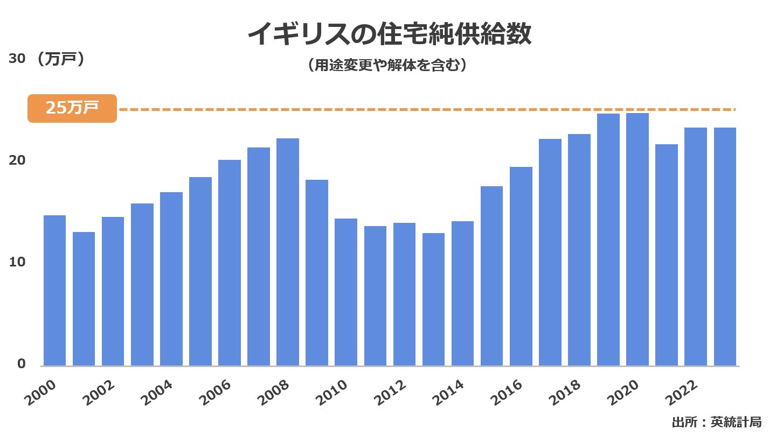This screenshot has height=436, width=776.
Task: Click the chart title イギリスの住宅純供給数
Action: coord(389,36)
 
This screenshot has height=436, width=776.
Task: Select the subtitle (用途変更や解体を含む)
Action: coord(387,66)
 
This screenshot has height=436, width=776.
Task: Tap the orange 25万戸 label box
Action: coord(72,108)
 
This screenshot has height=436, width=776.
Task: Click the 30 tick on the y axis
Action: coord(17,59)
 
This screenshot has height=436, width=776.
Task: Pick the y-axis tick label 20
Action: coord(17,160)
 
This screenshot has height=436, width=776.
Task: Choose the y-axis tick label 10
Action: coord(17,262)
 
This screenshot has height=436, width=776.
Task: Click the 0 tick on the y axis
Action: coord(21,364)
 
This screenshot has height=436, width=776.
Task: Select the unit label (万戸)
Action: coord(59,59)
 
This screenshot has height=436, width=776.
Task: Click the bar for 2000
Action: coord(54,291)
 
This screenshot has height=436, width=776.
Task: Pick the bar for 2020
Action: coord(638,240)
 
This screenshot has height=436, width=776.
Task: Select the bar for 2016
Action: coord(521,266)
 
